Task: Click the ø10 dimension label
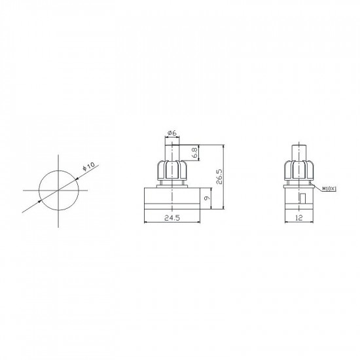pyautogui.click(x=88, y=166)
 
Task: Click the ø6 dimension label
pyautogui.click(x=172, y=132)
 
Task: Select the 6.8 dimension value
pyautogui.click(x=195, y=153)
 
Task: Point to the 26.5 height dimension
pyautogui.click(x=219, y=177)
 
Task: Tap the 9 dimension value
pyautogui.click(x=207, y=198)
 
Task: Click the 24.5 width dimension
pyautogui.click(x=172, y=218)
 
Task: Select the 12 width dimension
pyautogui.click(x=299, y=218)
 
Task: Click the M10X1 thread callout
pyautogui.click(x=329, y=189)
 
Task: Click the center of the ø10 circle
pyautogui.click(x=58, y=190)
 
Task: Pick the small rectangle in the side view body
pyautogui.click(x=303, y=198)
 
